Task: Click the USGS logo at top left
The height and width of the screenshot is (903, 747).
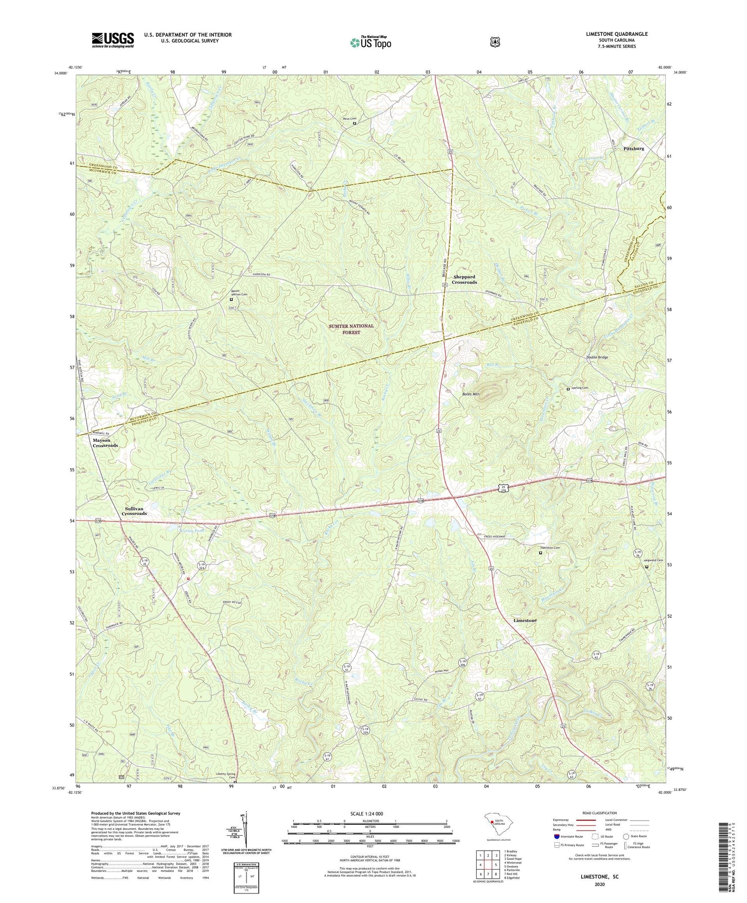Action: click(x=113, y=40)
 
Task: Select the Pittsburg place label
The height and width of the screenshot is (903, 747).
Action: click(x=633, y=148)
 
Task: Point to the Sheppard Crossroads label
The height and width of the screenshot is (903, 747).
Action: click(x=465, y=279)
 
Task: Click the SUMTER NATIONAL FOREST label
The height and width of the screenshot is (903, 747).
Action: click(x=351, y=329)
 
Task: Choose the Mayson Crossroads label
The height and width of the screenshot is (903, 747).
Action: click(x=105, y=443)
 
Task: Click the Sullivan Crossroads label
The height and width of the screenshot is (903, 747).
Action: click(x=134, y=511)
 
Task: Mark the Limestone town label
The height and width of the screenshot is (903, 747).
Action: click(x=525, y=621)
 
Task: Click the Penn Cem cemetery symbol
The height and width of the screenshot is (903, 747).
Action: click(x=355, y=124)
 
